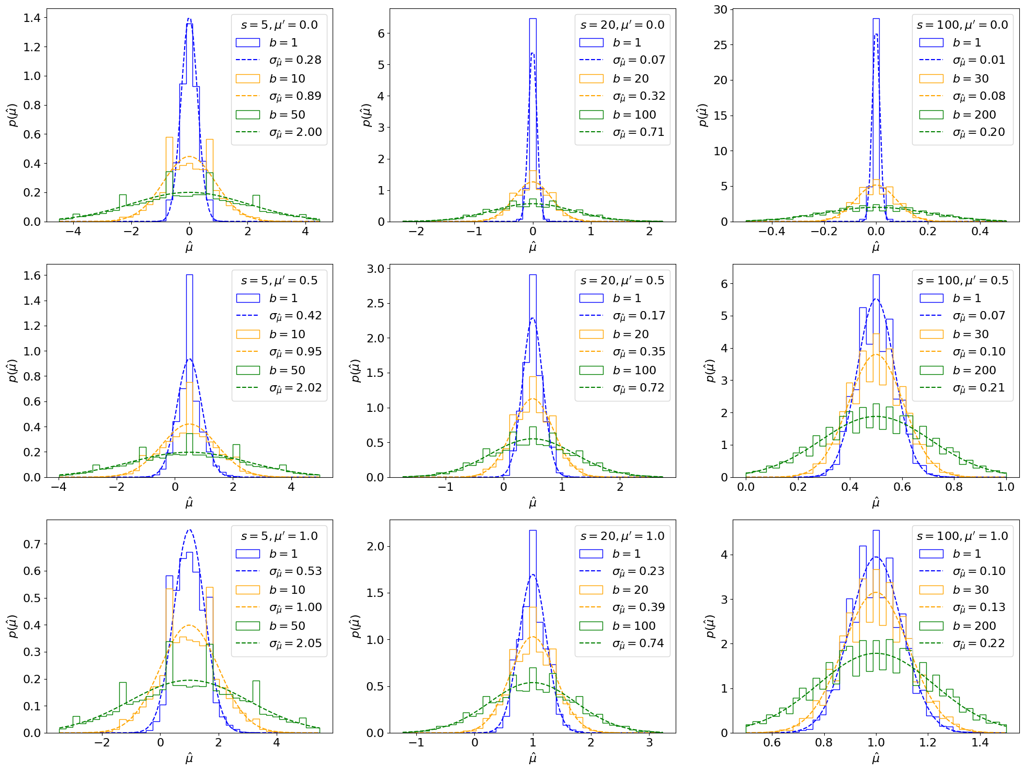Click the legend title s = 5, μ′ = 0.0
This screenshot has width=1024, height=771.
[279, 25]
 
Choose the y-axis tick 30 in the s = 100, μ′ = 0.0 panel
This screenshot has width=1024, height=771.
[721, 9]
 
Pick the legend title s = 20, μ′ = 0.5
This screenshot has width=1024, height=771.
[622, 281]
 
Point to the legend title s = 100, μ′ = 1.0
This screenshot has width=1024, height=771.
[962, 536]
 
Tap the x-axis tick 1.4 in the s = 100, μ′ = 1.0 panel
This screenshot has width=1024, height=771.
[980, 743]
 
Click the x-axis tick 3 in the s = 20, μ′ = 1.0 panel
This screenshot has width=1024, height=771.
[650, 743]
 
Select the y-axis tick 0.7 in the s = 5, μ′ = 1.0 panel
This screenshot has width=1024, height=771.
[32, 544]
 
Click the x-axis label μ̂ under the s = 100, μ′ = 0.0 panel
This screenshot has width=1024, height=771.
[876, 247]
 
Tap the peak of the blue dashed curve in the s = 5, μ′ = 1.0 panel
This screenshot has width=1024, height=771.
[189, 530]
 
